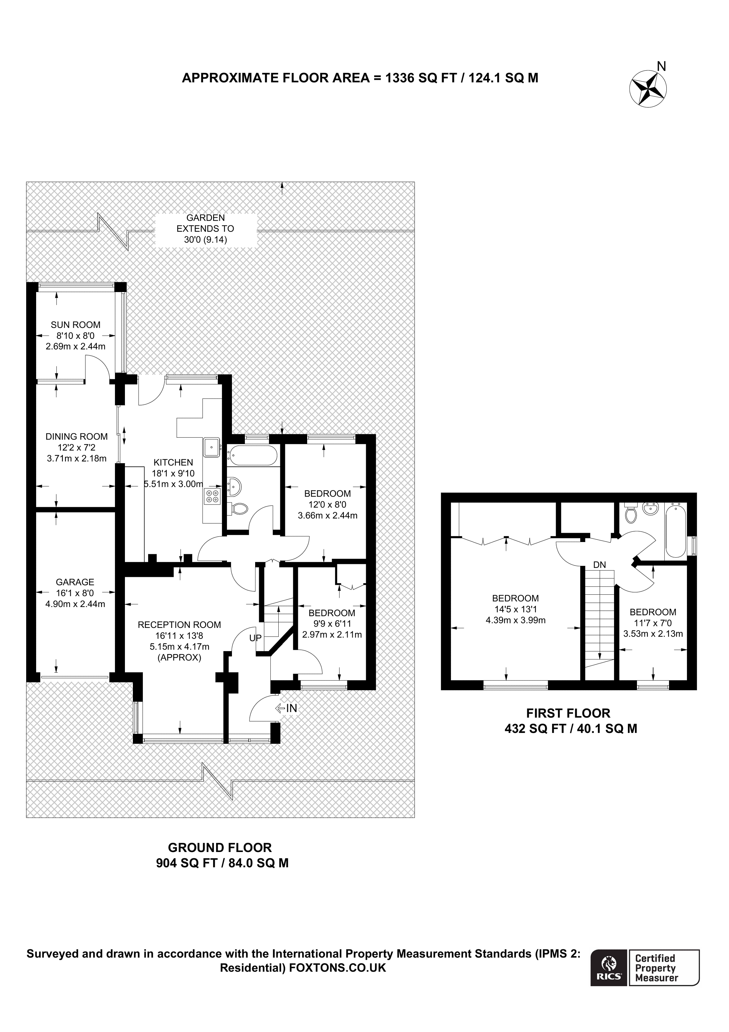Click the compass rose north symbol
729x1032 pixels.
tap(648, 89)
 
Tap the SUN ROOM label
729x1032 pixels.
tap(76, 325)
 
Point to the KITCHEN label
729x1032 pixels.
tap(173, 462)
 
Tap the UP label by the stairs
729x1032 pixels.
tap(255, 638)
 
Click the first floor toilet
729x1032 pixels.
tap(631, 513)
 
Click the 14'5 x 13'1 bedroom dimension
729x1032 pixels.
tap(515, 610)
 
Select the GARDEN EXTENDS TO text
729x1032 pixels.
tap(205, 229)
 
